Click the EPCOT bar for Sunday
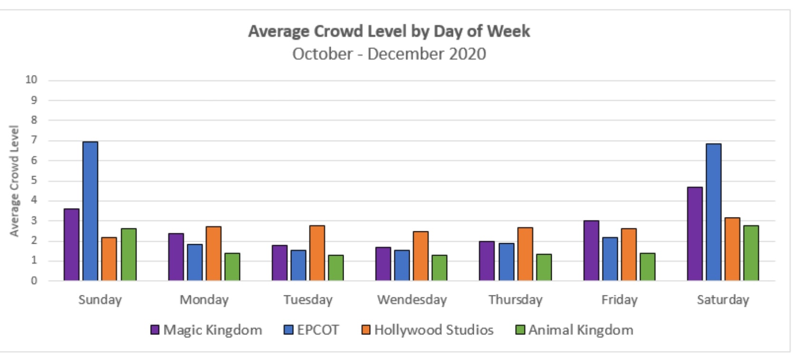coord(90,211)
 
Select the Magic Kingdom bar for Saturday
coord(695,234)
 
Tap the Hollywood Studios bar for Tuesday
coord(317,253)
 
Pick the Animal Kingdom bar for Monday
coord(232,266)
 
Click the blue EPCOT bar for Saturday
coord(714,212)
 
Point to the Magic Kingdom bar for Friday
coord(591,250)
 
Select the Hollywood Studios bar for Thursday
coord(525,254)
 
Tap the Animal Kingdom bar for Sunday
coord(129,254)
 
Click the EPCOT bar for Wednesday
coord(402,265)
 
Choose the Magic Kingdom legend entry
coord(206,330)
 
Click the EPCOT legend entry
coord(311,330)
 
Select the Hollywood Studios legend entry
coord(428,330)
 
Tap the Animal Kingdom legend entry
coord(574,330)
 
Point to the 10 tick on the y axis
coord(31,79)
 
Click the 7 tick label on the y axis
coord(34,140)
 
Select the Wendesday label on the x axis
coord(412,300)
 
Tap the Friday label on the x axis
coord(619,300)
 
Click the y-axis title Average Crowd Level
coord(14,180)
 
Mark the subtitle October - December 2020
coord(389,54)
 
